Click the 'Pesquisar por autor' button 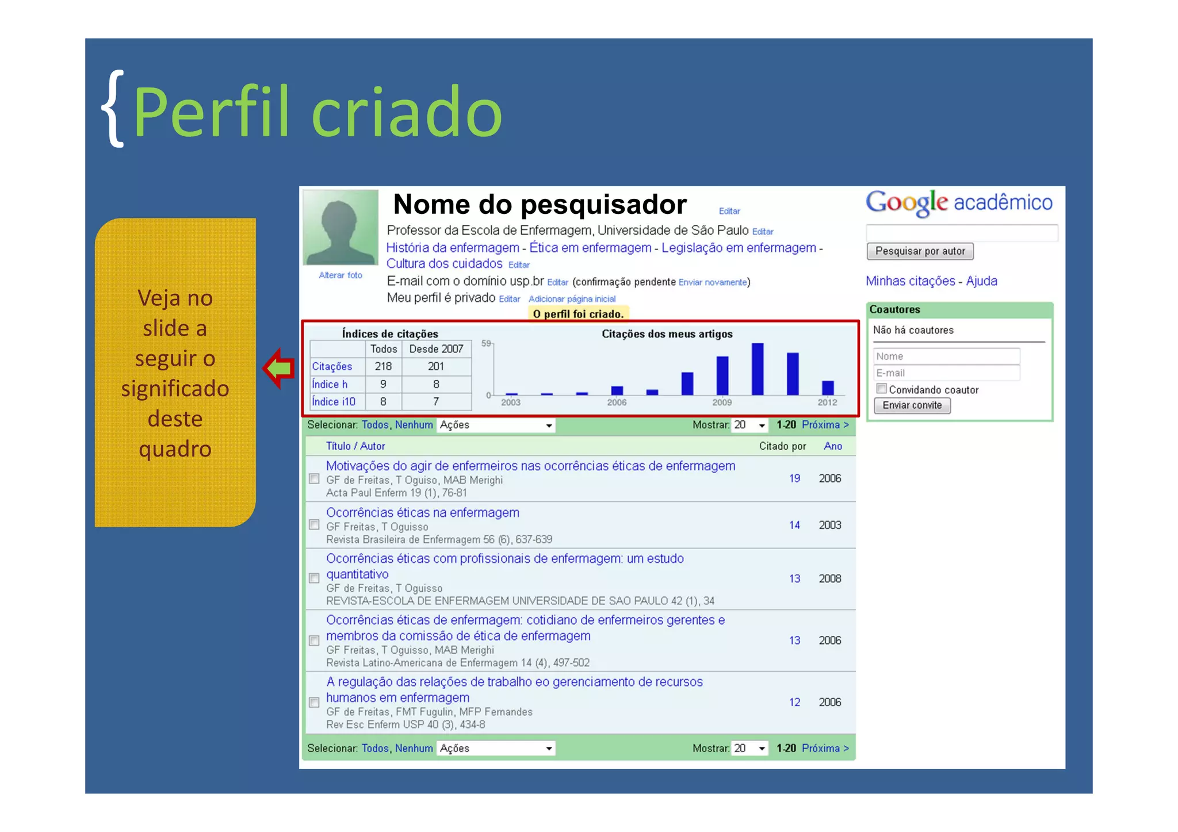[x=919, y=251]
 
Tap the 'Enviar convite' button [x=912, y=405]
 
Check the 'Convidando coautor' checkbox [x=881, y=389]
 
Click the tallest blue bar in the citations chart [x=758, y=369]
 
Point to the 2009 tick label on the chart [x=722, y=402]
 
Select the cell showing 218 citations [x=383, y=366]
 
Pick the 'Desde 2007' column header [x=436, y=349]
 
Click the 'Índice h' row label [x=330, y=384]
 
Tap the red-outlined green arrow [x=280, y=368]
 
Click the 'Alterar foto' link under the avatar [x=341, y=275]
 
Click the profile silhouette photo [x=341, y=228]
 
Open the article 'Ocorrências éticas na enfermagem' [x=422, y=512]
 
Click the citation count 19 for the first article [x=794, y=478]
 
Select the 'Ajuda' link [x=981, y=281]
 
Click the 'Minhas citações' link [x=910, y=281]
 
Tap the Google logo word [x=907, y=202]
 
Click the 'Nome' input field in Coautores [x=946, y=356]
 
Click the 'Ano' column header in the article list [x=832, y=446]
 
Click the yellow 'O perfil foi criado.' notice [x=577, y=314]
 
